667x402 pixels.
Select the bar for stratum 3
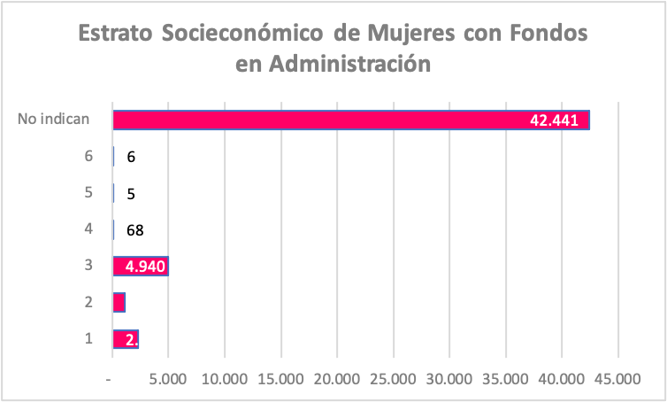[141, 266]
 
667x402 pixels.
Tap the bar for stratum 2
[119, 303]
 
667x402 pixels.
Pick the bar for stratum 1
[126, 339]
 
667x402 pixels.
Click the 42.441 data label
[554, 120]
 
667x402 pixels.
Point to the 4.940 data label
[147, 267]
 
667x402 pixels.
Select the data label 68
[134, 230]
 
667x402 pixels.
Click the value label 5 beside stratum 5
[131, 194]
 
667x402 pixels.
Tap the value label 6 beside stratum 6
[131, 157]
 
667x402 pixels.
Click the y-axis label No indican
[54, 120]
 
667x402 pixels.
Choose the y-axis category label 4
[88, 229]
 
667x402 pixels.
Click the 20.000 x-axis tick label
[336, 379]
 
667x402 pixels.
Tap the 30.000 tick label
[448, 379]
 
